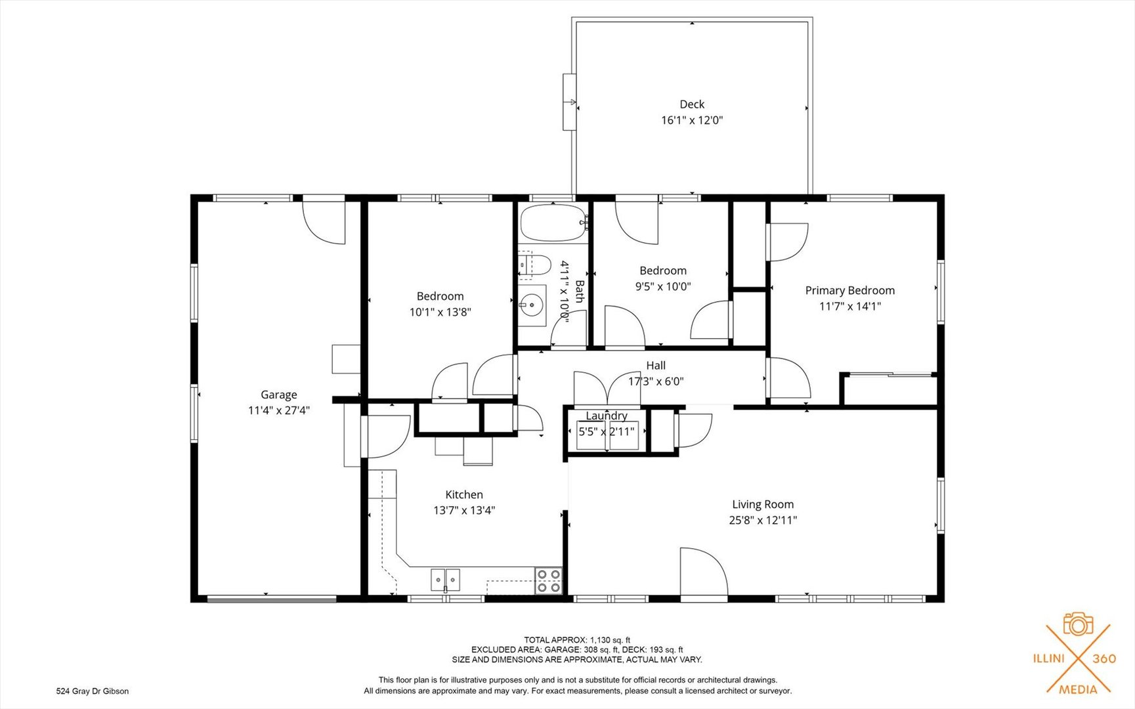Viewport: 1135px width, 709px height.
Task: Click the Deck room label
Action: coord(692,104)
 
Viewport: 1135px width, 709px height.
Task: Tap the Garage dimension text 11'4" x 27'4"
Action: coord(278,410)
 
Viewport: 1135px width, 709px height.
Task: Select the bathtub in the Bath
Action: coord(553,224)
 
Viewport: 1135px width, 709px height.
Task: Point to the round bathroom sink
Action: coord(530,305)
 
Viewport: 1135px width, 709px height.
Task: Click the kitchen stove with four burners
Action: coord(549,580)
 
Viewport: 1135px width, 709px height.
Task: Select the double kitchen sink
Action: coord(445,580)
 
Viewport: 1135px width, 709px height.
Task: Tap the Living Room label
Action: coord(763,504)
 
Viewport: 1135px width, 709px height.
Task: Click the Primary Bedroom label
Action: coord(849,290)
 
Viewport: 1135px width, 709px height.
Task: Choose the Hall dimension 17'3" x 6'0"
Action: coord(656,381)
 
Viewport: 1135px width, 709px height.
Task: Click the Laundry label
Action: coord(606,416)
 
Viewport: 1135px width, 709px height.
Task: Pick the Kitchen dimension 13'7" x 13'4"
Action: coord(464,510)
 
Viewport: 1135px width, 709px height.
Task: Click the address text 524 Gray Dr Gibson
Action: coord(93,691)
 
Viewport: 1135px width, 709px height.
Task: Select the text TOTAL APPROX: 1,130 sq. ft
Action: coord(576,639)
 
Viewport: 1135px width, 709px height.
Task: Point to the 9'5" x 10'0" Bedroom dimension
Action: coord(663,286)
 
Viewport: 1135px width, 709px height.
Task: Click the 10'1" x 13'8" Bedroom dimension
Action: coord(440,312)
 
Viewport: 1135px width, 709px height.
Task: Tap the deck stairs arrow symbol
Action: coord(570,102)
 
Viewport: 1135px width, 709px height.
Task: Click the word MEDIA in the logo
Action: coord(1078,689)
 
